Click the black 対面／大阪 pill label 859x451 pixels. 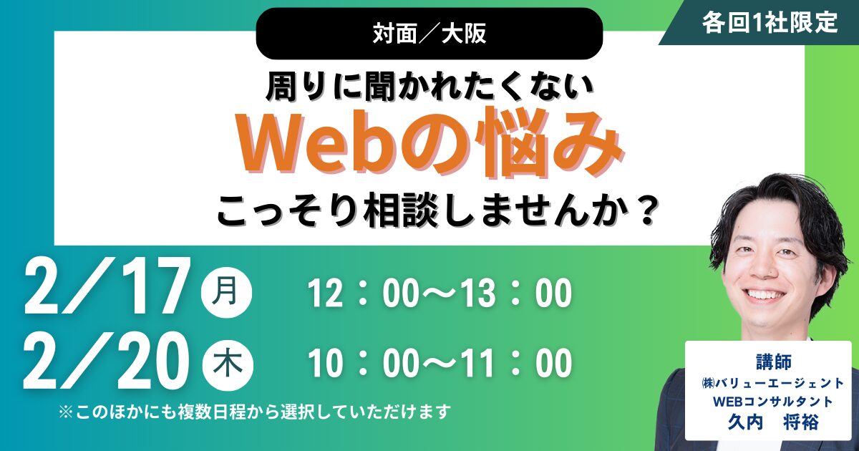(429, 34)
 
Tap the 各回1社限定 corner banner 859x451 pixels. (769, 22)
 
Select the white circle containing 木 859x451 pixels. (227, 364)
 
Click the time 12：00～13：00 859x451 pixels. (440, 294)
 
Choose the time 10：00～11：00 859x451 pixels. (440, 364)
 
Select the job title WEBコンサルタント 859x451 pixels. (772, 402)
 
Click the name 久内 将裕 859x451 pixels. (772, 423)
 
